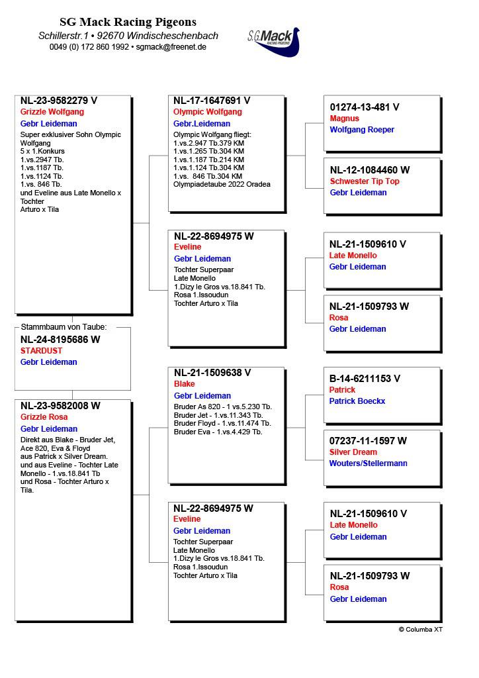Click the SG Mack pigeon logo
[x=273, y=42]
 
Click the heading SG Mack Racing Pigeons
[x=128, y=23]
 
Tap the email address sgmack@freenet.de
[x=171, y=47]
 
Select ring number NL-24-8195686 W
[x=60, y=340]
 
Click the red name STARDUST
[x=41, y=351]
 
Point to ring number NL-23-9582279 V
[x=59, y=101]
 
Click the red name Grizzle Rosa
[x=44, y=417]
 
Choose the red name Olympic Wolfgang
[x=207, y=112]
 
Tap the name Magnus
[x=344, y=119]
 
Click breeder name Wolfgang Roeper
[x=362, y=130]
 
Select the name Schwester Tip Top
[x=365, y=181]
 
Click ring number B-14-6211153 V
[x=365, y=379]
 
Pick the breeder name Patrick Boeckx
[x=357, y=401]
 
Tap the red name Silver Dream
[x=353, y=452]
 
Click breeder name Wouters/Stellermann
[x=369, y=463]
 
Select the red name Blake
[x=185, y=384]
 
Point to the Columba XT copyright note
[x=420, y=630]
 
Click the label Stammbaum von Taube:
[x=64, y=327]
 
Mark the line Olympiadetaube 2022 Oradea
[x=222, y=185]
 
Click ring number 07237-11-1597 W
[x=368, y=441]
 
